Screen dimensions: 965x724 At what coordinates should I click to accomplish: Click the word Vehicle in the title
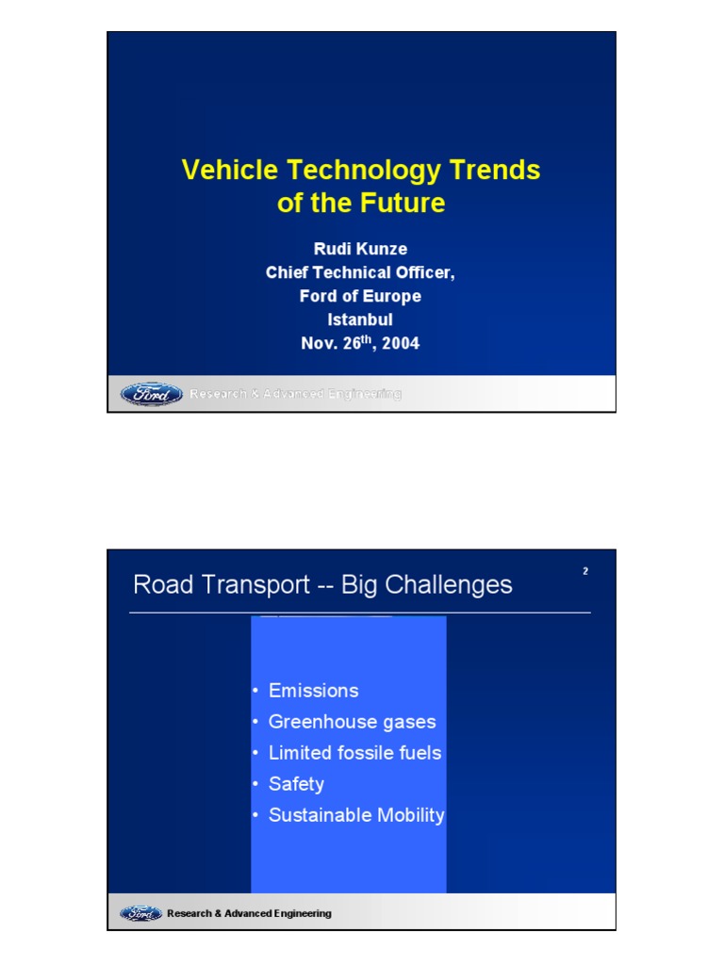coord(230,170)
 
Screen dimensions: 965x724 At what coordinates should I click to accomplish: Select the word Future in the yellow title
coord(399,203)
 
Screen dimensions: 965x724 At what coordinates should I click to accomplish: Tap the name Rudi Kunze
coord(360,249)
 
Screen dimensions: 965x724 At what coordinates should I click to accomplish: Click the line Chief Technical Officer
coord(360,272)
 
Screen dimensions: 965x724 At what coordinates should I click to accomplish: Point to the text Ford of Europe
coord(360,296)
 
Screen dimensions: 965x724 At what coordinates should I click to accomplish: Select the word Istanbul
coord(360,319)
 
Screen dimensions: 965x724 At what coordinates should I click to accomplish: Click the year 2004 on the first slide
coord(400,344)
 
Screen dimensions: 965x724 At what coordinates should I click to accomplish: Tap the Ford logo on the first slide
coord(152,394)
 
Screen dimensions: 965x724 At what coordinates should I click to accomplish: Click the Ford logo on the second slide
coord(140,913)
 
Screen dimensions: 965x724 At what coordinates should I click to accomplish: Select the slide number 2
coord(585,571)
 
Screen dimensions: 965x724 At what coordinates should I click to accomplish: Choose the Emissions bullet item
coord(313,691)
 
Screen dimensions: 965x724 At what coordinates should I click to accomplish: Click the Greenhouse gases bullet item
coord(352,722)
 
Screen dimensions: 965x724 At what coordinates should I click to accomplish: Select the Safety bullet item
coord(296,784)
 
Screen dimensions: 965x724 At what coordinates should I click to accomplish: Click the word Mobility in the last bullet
coord(410,815)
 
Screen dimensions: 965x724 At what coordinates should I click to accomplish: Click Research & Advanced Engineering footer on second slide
coord(249,913)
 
